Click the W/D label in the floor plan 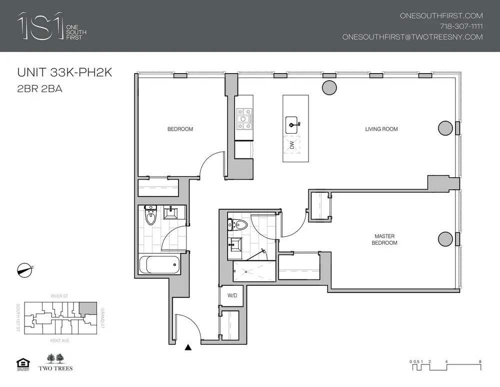pyautogui.click(x=232, y=296)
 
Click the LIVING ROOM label pyautogui.click(x=381, y=129)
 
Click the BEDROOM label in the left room pyautogui.click(x=180, y=129)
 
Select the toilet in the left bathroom pyautogui.click(x=150, y=216)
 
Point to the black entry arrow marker pyautogui.click(x=188, y=347)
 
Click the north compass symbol pyautogui.click(x=24, y=269)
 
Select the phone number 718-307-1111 pyautogui.click(x=460, y=27)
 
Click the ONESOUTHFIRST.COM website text pyautogui.click(x=441, y=16)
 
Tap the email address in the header pyautogui.click(x=412, y=37)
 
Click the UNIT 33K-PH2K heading pyautogui.click(x=64, y=73)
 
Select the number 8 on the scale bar pyautogui.click(x=480, y=361)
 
